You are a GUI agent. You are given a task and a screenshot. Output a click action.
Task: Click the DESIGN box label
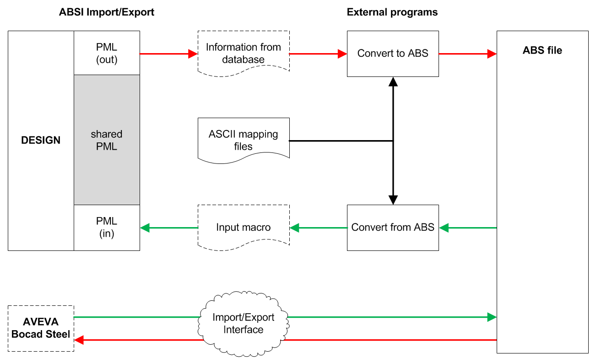(41, 141)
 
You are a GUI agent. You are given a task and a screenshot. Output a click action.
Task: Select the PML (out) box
(107, 53)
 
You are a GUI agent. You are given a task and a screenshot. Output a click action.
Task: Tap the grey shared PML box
(107, 140)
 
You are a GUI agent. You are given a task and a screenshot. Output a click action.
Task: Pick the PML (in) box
(107, 227)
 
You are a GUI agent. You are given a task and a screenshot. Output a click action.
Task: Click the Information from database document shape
(243, 53)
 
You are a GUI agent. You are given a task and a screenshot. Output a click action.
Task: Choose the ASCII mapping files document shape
(243, 140)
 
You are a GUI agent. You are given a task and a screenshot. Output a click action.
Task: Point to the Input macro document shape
(243, 227)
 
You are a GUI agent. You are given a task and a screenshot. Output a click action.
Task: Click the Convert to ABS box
(393, 54)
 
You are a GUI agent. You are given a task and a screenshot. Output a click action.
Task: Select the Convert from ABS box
(393, 228)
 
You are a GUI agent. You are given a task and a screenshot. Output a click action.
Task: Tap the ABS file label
(542, 50)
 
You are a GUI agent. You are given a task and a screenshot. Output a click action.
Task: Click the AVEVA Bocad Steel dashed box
(41, 328)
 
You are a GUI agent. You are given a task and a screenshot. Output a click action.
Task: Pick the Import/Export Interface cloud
(243, 323)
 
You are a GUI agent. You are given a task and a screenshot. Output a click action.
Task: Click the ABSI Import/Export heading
(107, 12)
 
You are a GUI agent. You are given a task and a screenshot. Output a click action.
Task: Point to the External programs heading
(392, 12)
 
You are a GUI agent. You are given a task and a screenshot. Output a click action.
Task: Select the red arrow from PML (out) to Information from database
(168, 54)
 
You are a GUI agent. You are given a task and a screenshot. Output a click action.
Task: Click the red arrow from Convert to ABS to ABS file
(467, 54)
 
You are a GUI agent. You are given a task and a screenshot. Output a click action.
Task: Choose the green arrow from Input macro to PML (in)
(168, 228)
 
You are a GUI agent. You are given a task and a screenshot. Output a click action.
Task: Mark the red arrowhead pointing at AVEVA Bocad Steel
(79, 340)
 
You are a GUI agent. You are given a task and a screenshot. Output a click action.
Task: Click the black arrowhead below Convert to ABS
(393, 82)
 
